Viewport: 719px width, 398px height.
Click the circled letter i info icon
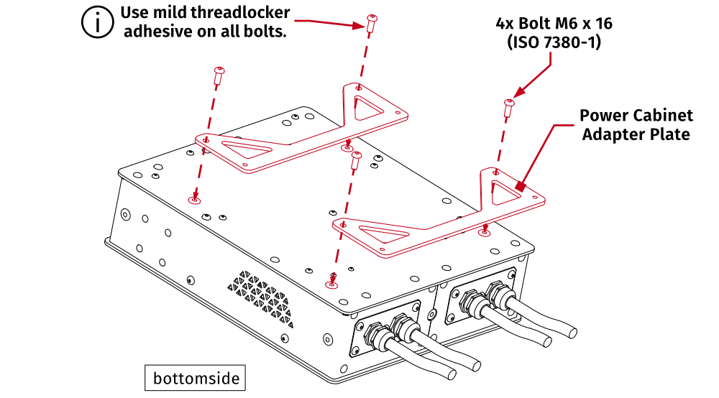(94, 22)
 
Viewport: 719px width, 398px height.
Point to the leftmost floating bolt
(219, 74)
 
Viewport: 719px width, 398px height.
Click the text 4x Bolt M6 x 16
(554, 24)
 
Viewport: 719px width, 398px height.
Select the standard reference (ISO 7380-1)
(554, 42)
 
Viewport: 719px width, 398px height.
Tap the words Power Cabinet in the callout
(636, 116)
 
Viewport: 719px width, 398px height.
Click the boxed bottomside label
(195, 378)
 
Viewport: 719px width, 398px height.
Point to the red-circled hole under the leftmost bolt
(193, 200)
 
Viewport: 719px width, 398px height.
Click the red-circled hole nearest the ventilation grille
(331, 284)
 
